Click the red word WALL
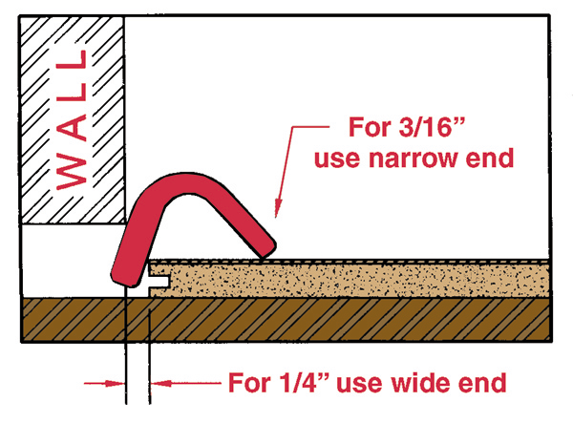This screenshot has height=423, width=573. pyautogui.click(x=72, y=119)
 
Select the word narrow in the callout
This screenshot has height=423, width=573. pyautogui.click(x=413, y=158)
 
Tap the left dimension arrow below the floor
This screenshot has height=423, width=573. pyautogui.click(x=104, y=383)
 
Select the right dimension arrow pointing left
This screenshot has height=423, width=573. pyautogui.click(x=186, y=383)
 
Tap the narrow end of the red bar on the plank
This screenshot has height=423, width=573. pyautogui.click(x=265, y=249)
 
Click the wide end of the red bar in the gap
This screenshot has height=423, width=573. pyautogui.click(x=125, y=277)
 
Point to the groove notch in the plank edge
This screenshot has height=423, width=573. pyautogui.click(x=159, y=281)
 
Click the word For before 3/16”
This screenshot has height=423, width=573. pyautogui.click(x=370, y=127)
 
